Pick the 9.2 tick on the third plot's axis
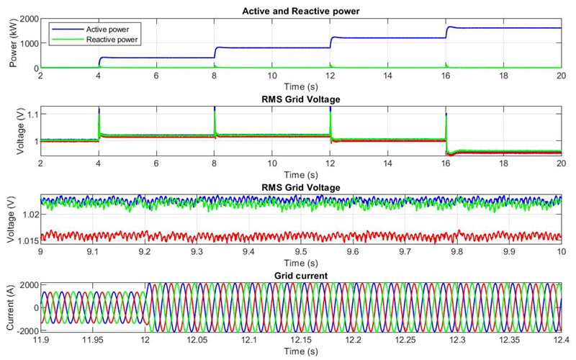tap(145, 252)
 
